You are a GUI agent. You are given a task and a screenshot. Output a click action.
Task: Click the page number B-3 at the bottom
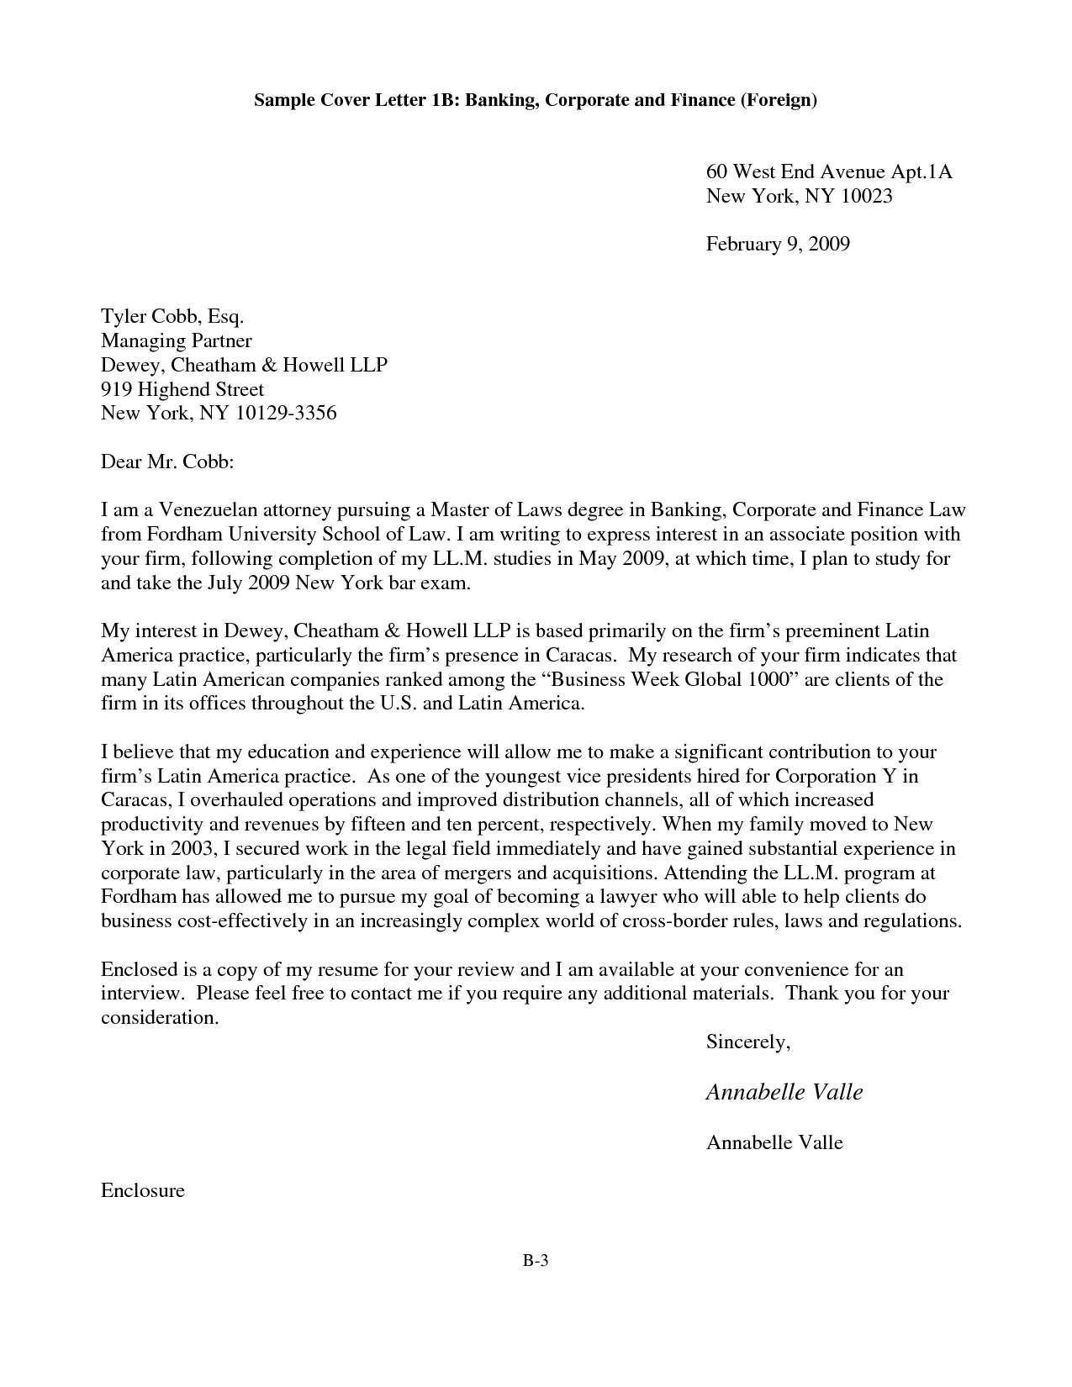(x=535, y=1260)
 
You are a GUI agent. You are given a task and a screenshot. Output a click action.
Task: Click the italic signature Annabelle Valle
(x=784, y=1092)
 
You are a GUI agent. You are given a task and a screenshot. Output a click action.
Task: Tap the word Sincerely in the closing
(x=747, y=1042)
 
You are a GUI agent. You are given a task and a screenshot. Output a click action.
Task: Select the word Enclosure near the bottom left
(x=142, y=1190)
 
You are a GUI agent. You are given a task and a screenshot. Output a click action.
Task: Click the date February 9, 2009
(x=778, y=245)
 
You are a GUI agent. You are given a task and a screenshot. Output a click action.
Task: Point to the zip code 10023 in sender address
(x=865, y=197)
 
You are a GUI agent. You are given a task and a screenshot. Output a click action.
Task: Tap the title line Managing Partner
(x=176, y=340)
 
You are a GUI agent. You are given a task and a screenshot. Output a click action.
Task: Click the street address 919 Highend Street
(x=182, y=389)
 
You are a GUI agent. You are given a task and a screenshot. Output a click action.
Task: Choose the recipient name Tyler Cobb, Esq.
(x=172, y=317)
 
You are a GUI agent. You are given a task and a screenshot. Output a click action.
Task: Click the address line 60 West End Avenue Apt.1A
(x=828, y=172)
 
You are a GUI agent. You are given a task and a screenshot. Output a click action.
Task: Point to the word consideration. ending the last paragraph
(x=160, y=1018)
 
